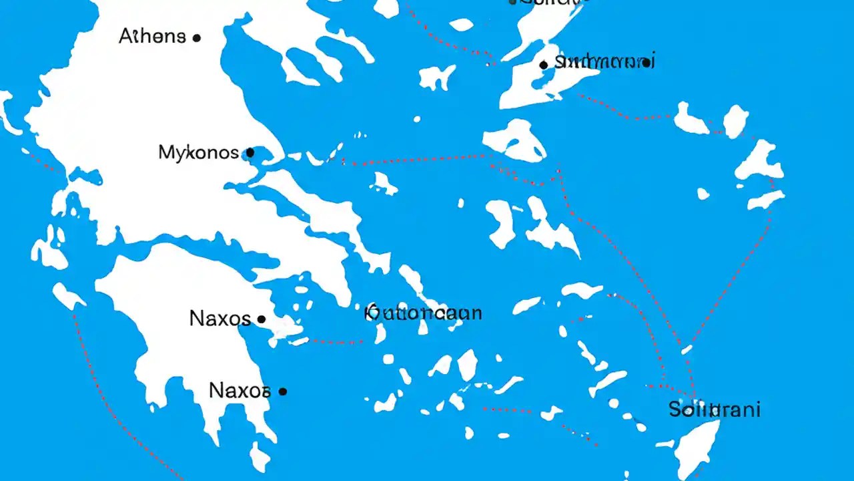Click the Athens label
tap(152, 36)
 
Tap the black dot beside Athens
tap(196, 38)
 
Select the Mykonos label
tap(198, 152)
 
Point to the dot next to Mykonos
tap(250, 152)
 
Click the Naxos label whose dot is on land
tap(220, 318)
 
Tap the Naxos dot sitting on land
tap(262, 319)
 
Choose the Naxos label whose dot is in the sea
tap(240, 390)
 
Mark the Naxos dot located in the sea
tap(283, 391)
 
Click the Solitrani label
tap(714, 410)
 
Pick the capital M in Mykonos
tap(166, 152)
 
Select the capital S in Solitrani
tap(675, 410)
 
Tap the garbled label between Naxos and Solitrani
tap(424, 313)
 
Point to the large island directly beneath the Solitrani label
tap(697, 448)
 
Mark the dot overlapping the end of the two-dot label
tap(646, 63)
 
